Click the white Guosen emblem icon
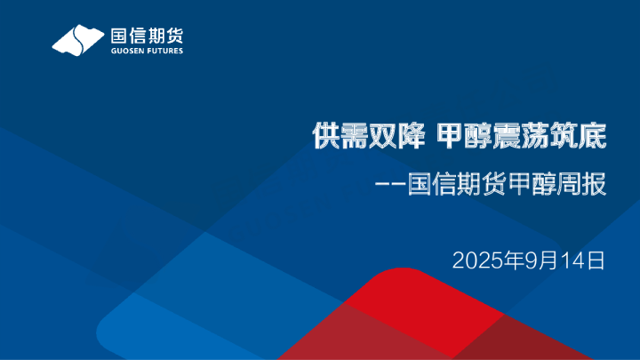click(79, 40)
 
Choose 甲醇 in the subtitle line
click(533, 187)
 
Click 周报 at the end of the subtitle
click(584, 187)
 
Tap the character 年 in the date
click(510, 260)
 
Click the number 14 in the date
click(569, 260)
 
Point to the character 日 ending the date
click(596, 260)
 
